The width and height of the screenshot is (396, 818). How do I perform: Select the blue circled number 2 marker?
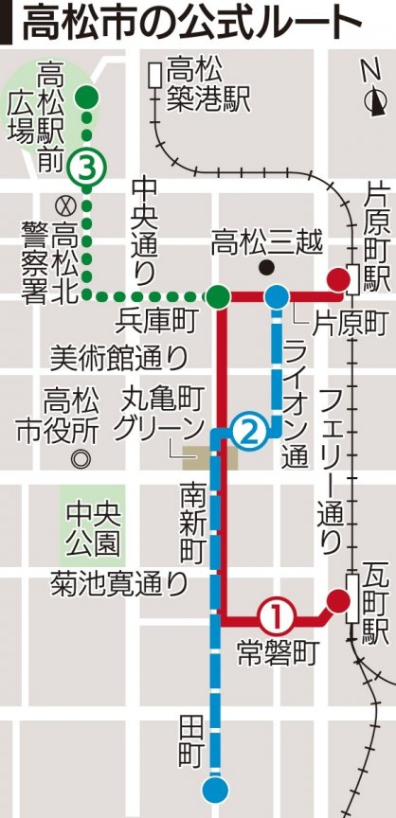(244, 433)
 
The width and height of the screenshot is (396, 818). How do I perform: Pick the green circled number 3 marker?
(87, 169)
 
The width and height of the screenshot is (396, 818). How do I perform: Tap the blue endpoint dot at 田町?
(215, 789)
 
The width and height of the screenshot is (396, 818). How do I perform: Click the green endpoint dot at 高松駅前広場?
(87, 95)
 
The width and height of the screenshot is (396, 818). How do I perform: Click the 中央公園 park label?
(93, 529)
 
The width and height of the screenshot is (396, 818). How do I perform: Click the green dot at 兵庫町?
(218, 296)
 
